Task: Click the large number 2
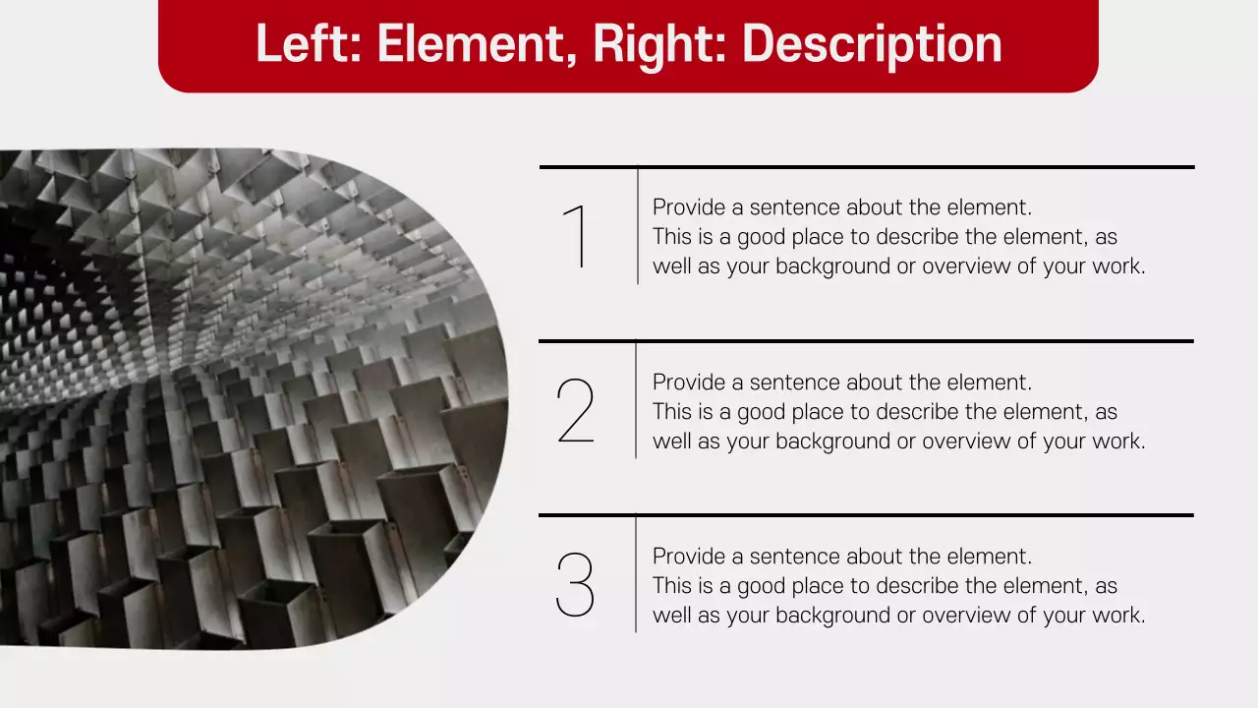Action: (x=575, y=411)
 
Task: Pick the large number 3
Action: (x=575, y=585)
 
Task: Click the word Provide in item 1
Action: (x=689, y=207)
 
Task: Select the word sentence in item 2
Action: (x=794, y=383)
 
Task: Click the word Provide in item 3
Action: (x=689, y=557)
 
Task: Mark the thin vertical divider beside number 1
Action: (x=638, y=226)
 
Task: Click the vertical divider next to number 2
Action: (x=636, y=400)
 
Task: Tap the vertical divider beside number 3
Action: (x=636, y=574)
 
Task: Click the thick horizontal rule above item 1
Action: (x=867, y=167)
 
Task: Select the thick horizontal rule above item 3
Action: (x=866, y=514)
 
